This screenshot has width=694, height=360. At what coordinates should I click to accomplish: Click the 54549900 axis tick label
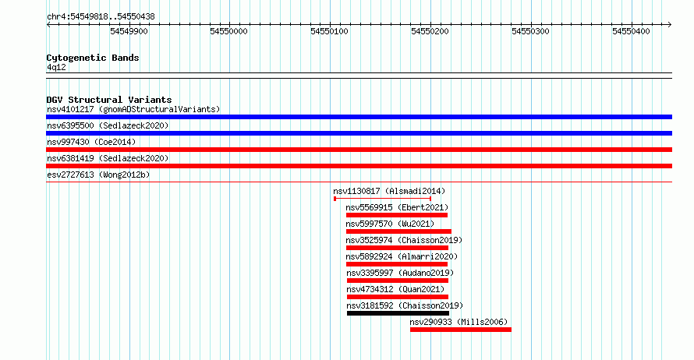pos(129,31)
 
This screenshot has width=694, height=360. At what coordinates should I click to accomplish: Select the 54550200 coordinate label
pos(430,31)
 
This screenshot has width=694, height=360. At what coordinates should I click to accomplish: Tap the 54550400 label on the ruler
pos(631,31)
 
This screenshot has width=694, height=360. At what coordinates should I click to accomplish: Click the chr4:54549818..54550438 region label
pos(101,17)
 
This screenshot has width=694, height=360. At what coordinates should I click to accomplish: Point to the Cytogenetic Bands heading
pos(93,58)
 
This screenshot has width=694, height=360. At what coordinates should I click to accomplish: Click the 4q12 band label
pos(56,67)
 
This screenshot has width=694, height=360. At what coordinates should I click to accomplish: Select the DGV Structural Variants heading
pos(109,100)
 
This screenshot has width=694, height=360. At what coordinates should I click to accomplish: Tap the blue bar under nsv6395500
pos(359,133)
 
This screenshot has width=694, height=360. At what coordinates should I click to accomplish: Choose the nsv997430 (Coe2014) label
pos(91,142)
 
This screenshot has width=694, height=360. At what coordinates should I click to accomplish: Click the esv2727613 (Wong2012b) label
pos(98,175)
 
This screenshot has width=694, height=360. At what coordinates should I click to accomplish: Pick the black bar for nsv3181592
pos(398,313)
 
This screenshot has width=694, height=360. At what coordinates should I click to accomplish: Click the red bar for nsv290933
pos(461,330)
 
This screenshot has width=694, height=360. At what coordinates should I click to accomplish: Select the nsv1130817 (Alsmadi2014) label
pos(389,191)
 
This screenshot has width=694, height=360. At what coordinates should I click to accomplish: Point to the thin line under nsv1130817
pos(382,199)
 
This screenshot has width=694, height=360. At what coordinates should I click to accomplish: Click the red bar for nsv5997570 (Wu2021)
pos(398,231)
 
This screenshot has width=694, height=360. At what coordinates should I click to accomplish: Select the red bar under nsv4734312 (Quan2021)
pos(398,297)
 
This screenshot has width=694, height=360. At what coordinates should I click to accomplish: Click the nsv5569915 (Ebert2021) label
pos(397,207)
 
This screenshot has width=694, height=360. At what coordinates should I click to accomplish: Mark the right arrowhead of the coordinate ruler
pos(670,25)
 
